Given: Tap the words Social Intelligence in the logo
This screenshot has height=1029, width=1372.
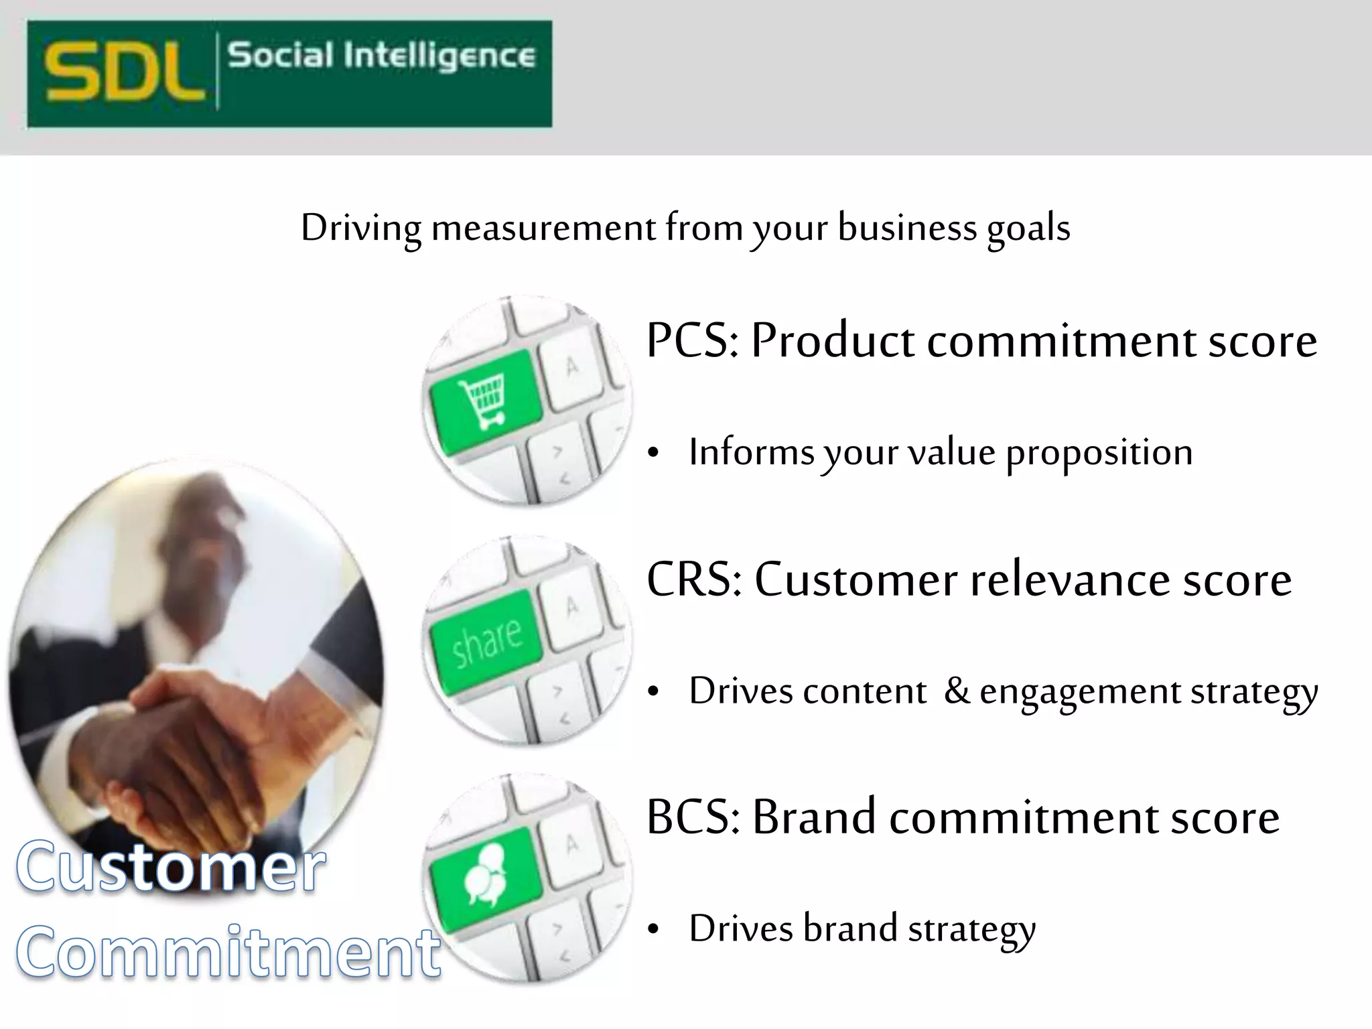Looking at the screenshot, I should (x=381, y=56).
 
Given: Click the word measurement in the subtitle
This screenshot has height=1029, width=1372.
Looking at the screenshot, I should (x=543, y=228).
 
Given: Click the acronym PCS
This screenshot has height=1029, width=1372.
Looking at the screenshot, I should (x=690, y=341).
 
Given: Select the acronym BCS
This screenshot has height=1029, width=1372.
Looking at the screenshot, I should (x=691, y=817).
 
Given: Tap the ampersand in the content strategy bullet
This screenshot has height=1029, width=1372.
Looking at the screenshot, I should (x=957, y=691).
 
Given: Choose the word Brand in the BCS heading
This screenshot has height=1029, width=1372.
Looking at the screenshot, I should (x=813, y=817).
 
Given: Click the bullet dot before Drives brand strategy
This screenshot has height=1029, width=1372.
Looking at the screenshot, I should (x=655, y=930).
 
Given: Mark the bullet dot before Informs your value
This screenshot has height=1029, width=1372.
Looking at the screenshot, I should (x=655, y=454).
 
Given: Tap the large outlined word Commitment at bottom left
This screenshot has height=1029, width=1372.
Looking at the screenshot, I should (x=228, y=951).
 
